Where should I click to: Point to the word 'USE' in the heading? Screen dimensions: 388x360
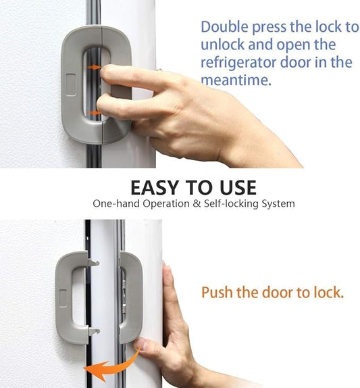(233, 187)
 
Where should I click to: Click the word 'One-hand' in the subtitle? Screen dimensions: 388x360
(115, 203)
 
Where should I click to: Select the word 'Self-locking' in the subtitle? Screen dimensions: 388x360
(236, 203)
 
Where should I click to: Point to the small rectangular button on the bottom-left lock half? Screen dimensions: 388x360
(63, 296)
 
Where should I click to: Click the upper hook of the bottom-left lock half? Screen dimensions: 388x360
(95, 262)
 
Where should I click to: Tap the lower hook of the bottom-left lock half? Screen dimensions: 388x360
(95, 332)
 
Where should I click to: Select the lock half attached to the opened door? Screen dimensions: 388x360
(130, 295)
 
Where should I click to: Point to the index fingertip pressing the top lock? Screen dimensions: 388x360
(109, 73)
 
